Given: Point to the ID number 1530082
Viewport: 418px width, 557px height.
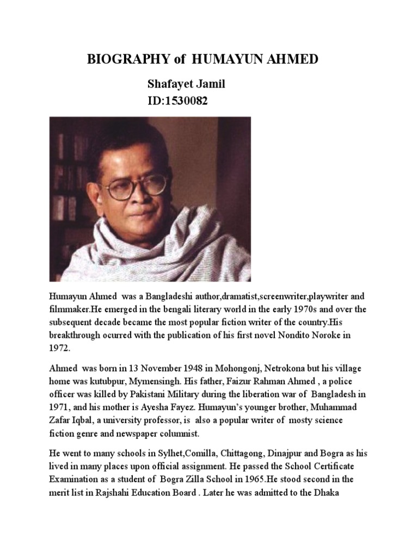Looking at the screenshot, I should tap(185, 101).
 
